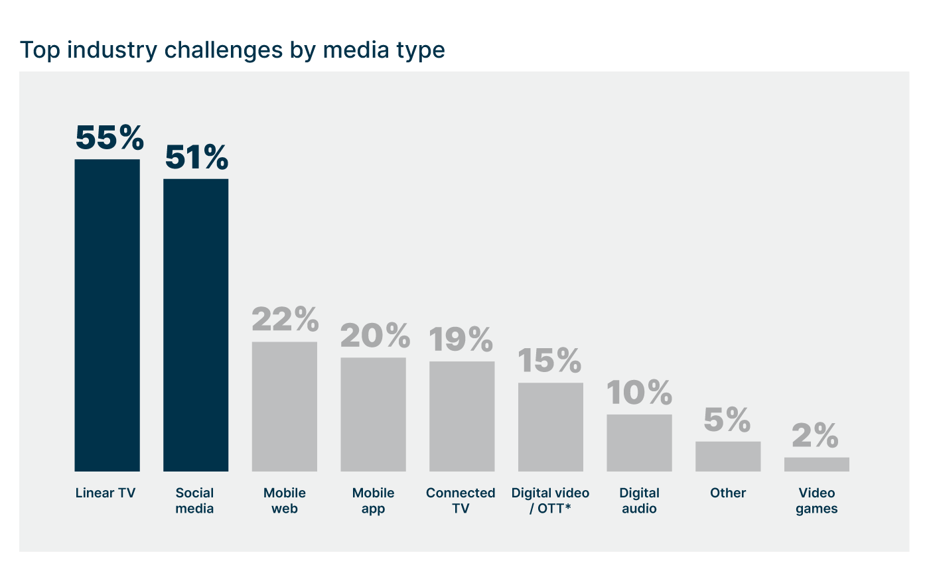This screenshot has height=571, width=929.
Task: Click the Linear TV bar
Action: coord(107,315)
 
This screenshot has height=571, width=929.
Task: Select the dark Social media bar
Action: coord(196,325)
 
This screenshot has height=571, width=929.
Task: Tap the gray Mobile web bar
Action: coord(285,407)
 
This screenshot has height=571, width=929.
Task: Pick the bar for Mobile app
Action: coord(373,414)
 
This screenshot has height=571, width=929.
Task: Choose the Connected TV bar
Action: coord(462,416)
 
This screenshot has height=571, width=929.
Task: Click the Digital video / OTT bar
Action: coord(551,427)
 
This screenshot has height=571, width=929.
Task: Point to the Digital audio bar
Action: coord(639,443)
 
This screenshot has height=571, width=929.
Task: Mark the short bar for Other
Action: coord(728,456)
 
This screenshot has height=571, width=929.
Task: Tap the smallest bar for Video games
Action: coord(816,464)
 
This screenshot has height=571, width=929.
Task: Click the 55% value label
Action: coord(109,138)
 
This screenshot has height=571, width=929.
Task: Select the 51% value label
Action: coord(196,158)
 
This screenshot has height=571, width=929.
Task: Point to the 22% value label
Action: coord(285,320)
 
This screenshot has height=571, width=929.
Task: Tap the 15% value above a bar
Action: coord(549,361)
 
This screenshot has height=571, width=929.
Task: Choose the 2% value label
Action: coord(816,436)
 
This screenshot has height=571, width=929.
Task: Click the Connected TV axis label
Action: coord(461,501)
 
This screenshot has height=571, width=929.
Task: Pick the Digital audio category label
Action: coord(639,501)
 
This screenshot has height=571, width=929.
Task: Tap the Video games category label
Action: coord(816,501)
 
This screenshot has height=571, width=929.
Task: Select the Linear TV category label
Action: coord(106,493)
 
